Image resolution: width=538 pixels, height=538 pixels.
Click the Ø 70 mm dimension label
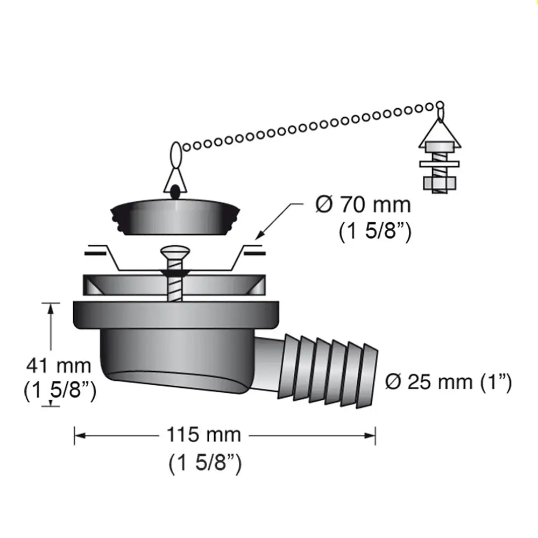point(363,205)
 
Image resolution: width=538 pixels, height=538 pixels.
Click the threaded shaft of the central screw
point(174,288)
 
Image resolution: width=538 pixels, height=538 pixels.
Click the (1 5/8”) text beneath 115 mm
point(204,463)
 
